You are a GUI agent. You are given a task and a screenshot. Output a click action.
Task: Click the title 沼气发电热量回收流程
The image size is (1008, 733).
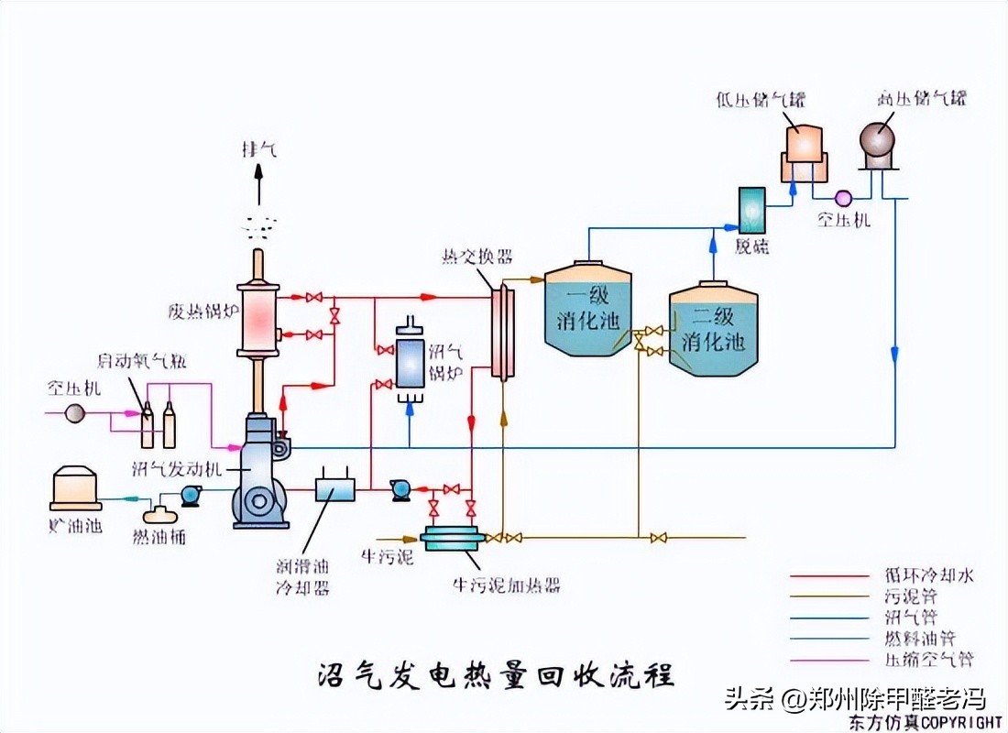click(496, 676)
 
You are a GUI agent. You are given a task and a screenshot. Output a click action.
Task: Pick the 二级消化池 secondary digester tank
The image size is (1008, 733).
click(713, 330)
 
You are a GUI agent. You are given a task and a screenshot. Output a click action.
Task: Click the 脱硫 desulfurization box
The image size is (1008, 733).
click(753, 210)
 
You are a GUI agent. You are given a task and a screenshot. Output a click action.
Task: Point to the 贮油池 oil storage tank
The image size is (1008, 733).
click(75, 487)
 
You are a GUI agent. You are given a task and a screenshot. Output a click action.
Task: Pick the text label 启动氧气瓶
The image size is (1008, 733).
click(142, 360)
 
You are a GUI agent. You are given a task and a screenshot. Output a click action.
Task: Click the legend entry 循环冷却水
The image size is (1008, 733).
click(935, 576)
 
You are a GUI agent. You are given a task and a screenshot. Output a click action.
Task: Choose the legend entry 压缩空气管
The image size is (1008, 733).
click(935, 659)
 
